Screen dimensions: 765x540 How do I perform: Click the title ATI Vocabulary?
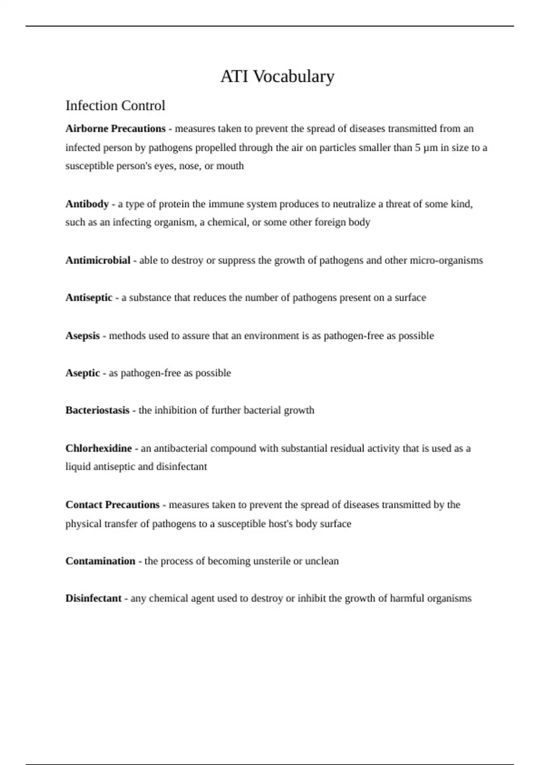point(277,76)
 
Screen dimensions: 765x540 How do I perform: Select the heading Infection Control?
point(115,106)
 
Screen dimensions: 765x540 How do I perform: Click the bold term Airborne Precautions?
point(115,129)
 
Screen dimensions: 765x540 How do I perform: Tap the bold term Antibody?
point(87,204)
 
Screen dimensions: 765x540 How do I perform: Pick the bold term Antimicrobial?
point(98,261)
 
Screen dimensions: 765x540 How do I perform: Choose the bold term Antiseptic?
point(89,298)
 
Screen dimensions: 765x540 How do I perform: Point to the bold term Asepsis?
point(82,336)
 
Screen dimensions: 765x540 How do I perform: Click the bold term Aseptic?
point(82,373)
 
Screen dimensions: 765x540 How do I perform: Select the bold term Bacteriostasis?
point(97,410)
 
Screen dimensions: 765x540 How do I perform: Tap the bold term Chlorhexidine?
point(99,449)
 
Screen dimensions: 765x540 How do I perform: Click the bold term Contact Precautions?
point(112,505)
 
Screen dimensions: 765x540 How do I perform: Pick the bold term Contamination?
point(100,561)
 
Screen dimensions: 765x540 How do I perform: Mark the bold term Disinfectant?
point(93,598)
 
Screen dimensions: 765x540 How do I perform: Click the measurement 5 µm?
point(426,148)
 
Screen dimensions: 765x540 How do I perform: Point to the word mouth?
point(230,166)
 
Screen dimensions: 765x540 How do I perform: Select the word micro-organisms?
point(446,261)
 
